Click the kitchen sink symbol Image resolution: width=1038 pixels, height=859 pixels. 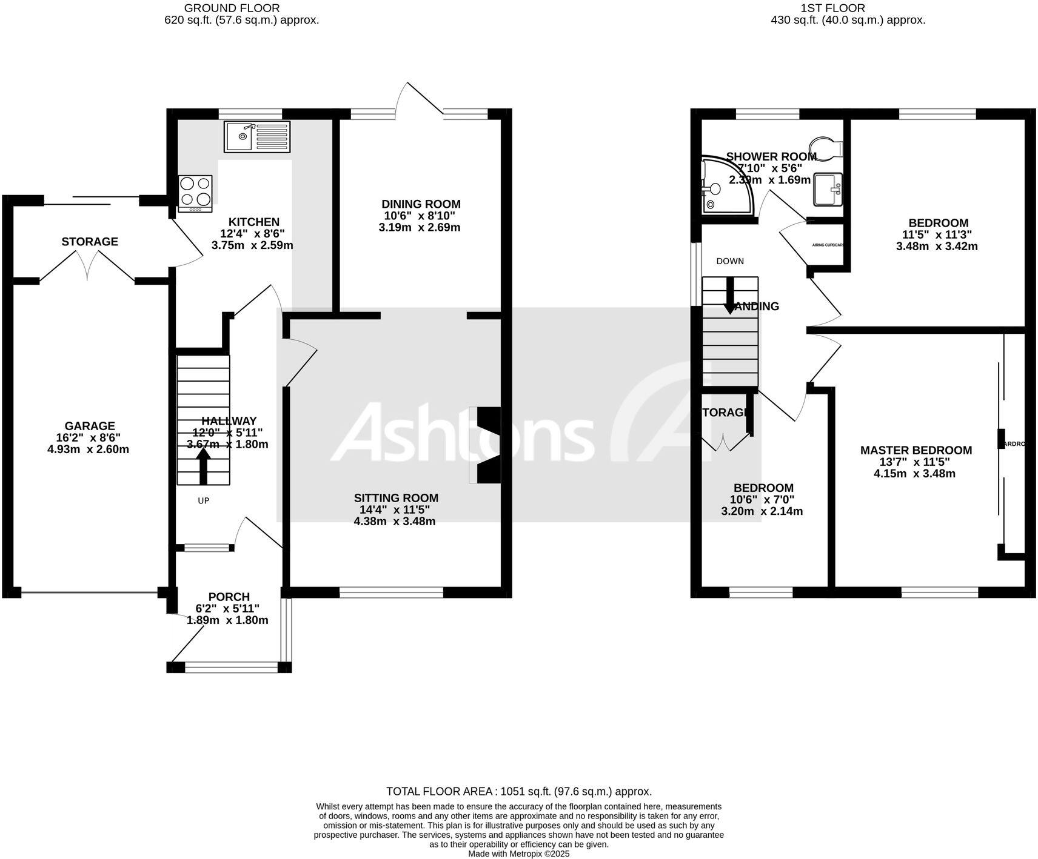[257, 136]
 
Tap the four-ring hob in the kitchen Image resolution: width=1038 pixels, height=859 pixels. [195, 193]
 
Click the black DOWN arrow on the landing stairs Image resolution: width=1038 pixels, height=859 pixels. [730, 296]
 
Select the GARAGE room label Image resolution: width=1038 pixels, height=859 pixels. [90, 426]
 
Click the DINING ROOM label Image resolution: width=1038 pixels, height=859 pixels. [421, 204]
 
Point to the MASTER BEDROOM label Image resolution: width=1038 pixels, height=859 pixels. [916, 450]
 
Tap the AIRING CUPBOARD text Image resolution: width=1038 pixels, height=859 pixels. [828, 245]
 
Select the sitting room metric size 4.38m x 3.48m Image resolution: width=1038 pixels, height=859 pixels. [395, 521]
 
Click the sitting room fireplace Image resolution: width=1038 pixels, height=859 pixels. [487, 445]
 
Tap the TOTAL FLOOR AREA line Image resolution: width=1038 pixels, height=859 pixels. [519, 791]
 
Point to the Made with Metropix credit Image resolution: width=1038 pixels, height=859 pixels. [518, 854]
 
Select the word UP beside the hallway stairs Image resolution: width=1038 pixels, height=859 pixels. [204, 501]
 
